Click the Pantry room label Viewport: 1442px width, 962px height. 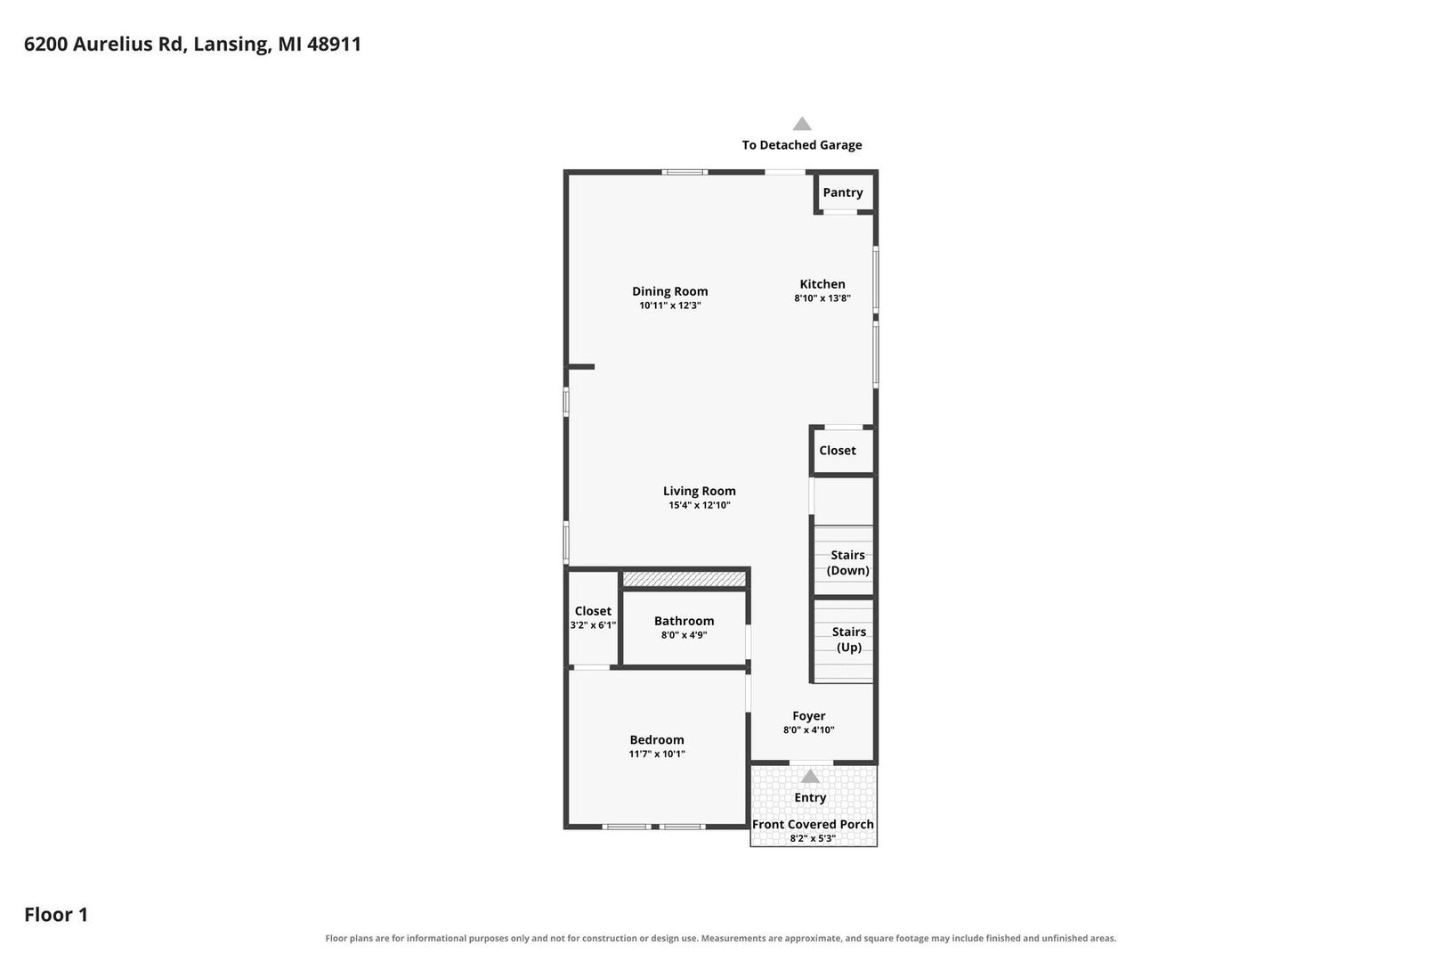843,192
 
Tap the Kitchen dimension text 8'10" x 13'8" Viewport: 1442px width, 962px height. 822,298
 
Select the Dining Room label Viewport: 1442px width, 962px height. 669,291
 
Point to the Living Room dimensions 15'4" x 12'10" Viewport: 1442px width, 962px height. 699,505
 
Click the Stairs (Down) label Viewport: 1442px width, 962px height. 847,563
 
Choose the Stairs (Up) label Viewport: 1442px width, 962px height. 848,640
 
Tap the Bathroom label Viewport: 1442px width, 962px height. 684,621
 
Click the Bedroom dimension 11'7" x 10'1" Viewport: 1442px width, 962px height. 657,754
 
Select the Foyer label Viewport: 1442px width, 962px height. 808,716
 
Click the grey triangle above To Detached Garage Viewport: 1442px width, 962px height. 801,124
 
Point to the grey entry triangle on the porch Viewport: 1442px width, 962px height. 810,777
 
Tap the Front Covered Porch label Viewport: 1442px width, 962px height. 813,824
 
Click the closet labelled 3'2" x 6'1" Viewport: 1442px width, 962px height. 593,617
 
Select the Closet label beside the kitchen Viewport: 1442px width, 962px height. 838,451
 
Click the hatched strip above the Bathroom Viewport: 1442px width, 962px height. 684,579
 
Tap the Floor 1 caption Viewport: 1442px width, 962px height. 56,914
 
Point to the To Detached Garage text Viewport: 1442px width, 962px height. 801,145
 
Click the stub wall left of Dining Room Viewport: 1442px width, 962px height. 579,367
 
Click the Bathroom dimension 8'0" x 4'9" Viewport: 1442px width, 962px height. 684,635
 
